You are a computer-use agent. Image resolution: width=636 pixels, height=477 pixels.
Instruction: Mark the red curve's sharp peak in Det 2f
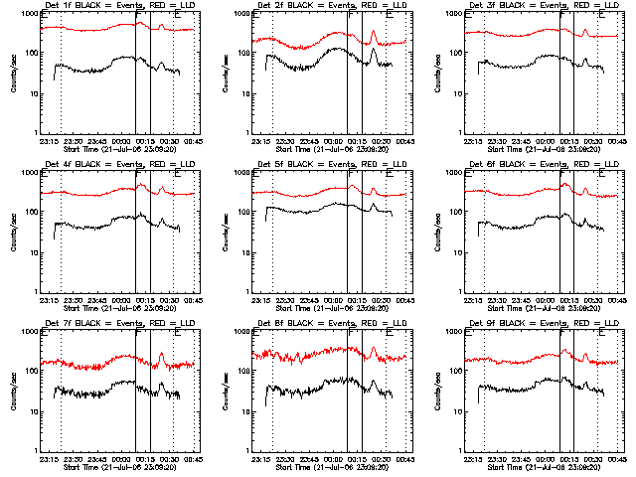[x=374, y=31]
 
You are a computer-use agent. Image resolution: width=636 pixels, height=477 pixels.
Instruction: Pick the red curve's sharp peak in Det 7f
[x=161, y=353]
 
